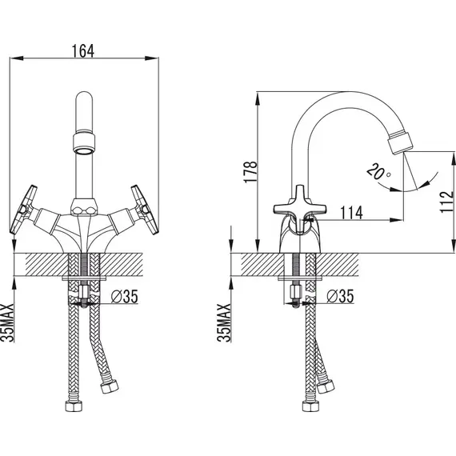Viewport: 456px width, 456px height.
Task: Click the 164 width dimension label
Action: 83,51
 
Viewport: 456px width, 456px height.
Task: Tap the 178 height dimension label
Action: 250,172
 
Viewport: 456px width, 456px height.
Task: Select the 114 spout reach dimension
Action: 351,213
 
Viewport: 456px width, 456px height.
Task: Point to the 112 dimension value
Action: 447,202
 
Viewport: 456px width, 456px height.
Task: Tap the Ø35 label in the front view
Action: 125,297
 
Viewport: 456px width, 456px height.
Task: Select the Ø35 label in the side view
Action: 340,296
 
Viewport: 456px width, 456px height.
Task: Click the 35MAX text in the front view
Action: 7,323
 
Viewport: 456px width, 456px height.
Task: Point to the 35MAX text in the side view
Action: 224,323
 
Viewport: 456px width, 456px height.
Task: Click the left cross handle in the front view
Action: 23,210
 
